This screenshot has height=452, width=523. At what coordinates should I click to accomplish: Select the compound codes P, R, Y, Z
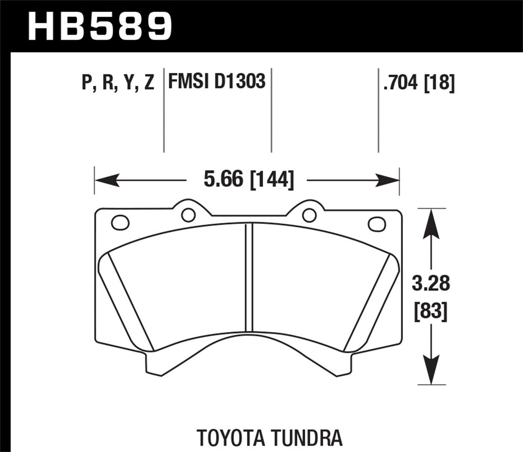coord(118,82)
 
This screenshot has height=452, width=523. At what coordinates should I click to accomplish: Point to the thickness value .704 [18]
coord(418,82)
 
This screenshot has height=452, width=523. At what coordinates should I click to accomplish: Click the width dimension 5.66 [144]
coord(249,179)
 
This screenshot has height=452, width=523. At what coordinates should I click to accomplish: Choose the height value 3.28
coord(431,284)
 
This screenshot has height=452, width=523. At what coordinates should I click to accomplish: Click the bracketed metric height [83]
coord(431,311)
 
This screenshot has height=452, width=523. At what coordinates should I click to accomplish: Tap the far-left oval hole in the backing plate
coord(120,223)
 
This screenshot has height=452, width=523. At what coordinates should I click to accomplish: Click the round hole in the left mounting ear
coord(187,214)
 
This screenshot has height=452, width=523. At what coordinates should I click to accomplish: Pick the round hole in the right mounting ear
coord(308,214)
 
